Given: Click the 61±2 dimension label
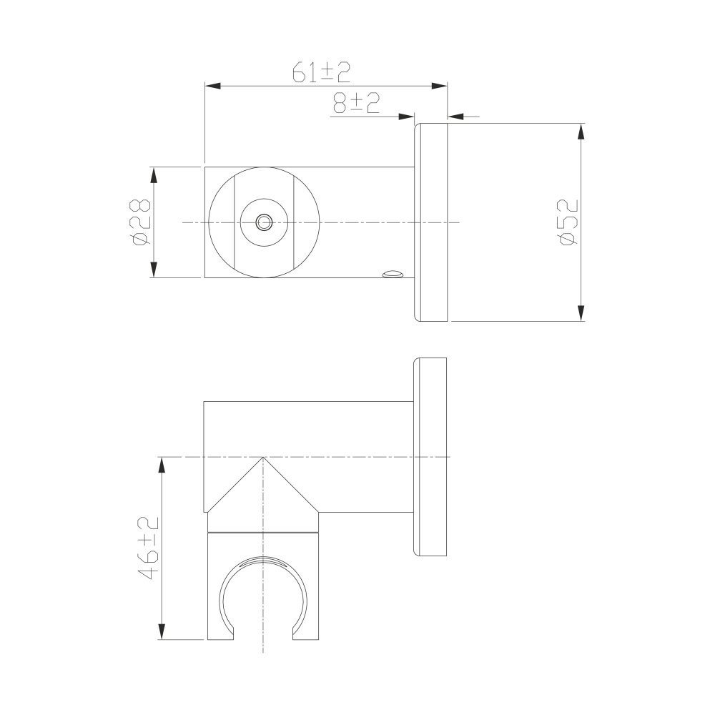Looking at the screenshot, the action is [322, 72].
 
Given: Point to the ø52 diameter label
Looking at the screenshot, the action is [568, 222].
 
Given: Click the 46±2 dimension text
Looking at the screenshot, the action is [148, 548].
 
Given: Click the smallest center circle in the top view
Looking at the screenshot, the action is [264, 222].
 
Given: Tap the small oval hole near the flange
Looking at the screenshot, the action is [393, 274].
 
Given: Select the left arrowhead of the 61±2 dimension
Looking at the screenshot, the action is [213, 86].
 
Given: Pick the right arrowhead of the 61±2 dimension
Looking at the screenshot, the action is [440, 86].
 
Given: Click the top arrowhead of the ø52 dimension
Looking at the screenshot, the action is [581, 132].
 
